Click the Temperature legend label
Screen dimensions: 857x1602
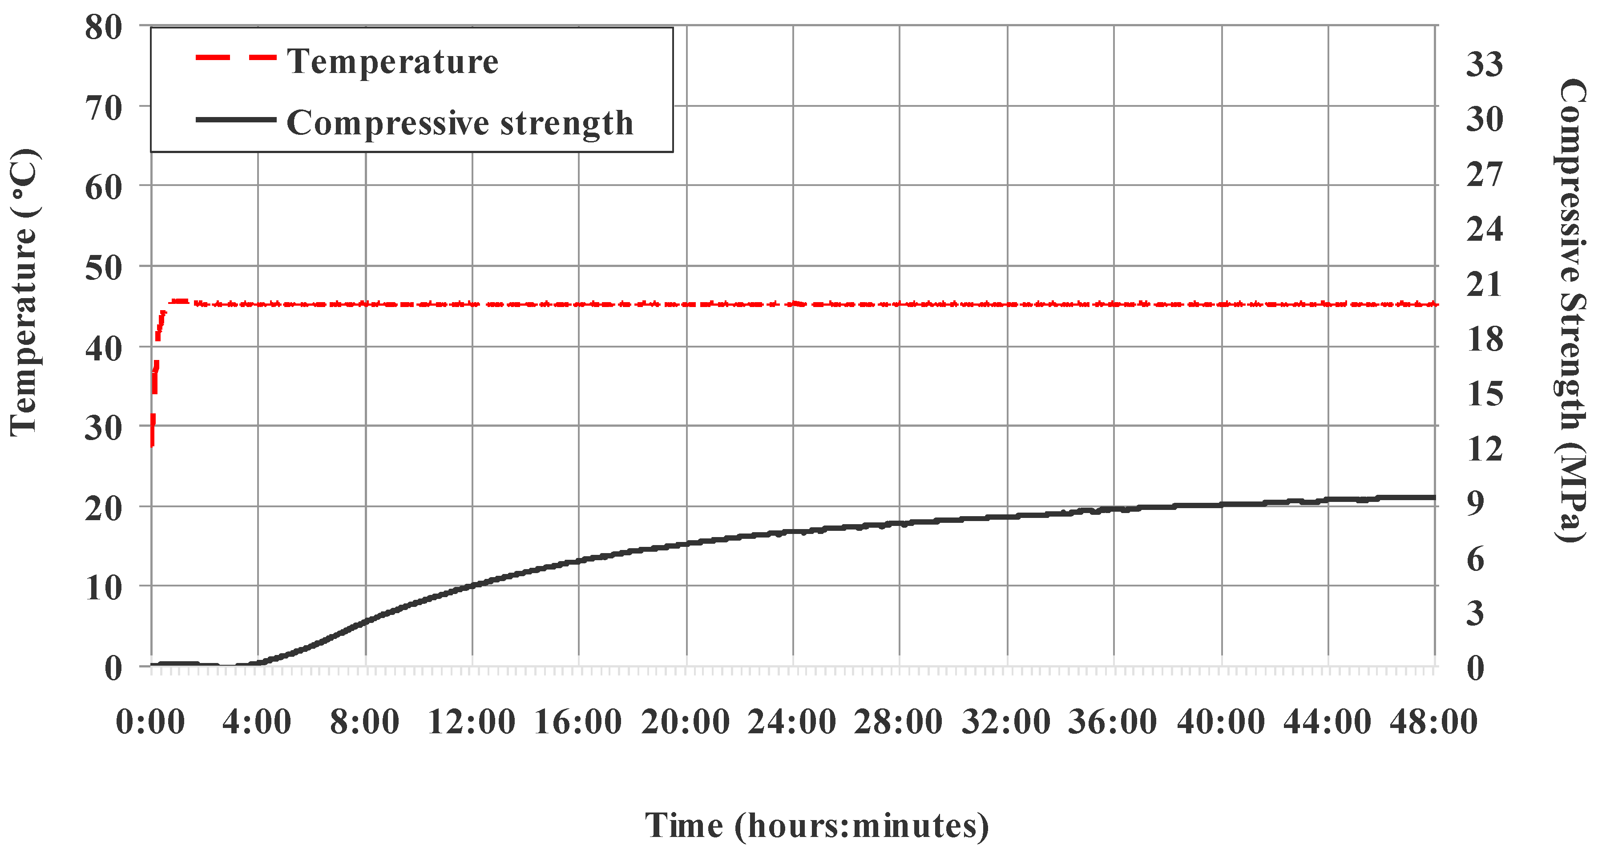point(392,61)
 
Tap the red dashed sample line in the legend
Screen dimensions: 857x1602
point(236,58)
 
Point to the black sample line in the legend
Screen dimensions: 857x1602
point(236,119)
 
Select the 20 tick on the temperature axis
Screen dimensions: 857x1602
point(104,508)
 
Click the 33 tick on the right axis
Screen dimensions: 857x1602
point(1485,64)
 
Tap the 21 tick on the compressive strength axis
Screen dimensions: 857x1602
point(1485,284)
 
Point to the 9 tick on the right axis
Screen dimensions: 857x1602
point(1476,503)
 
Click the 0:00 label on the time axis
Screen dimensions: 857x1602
point(150,722)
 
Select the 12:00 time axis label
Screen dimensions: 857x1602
point(472,722)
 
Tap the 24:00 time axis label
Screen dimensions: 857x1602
point(792,722)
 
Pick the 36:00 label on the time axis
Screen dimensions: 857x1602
point(1113,722)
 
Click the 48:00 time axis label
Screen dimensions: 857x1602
point(1433,722)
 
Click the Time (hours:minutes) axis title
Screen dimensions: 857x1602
point(816,826)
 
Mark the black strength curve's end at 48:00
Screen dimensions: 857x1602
point(1433,497)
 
